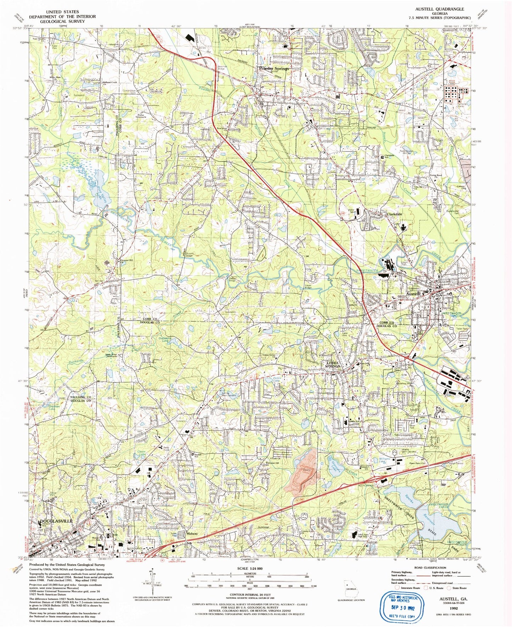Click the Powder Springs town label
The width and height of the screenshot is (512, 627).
tap(274, 68)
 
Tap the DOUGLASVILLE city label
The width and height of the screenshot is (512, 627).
tap(57, 521)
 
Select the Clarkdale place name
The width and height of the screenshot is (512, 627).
tap(394, 214)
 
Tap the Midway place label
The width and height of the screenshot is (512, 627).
tap(192, 533)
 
